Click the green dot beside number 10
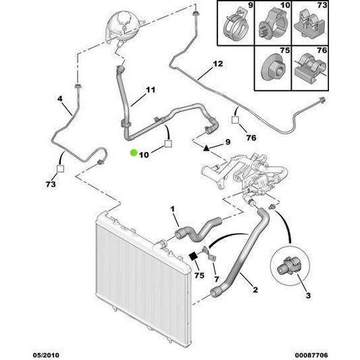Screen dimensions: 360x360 (x=134, y=153)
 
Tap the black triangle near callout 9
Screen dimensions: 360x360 (x=207, y=149)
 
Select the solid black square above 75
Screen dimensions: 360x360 (x=193, y=256)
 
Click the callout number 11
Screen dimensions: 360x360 (x=151, y=90)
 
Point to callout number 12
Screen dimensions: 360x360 (x=218, y=63)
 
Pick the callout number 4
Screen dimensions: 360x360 (x=59, y=99)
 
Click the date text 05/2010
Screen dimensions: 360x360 (x=46, y=355)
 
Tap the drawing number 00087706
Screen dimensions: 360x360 (x=311, y=355)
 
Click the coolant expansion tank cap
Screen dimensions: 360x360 (x=125, y=17)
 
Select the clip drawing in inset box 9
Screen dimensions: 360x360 (x=236, y=24)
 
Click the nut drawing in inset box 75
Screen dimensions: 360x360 (x=274, y=68)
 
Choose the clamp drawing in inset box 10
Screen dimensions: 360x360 (x=274, y=26)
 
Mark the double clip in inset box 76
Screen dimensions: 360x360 (x=310, y=68)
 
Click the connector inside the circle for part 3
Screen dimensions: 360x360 (x=288, y=266)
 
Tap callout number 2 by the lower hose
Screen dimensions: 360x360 (x=255, y=290)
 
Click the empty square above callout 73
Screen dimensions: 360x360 (x=60, y=169)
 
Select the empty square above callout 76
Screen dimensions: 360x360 (x=235, y=120)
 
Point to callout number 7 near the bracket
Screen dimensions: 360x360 (x=217, y=279)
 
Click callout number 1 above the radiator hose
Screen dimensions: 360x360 (x=172, y=209)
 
